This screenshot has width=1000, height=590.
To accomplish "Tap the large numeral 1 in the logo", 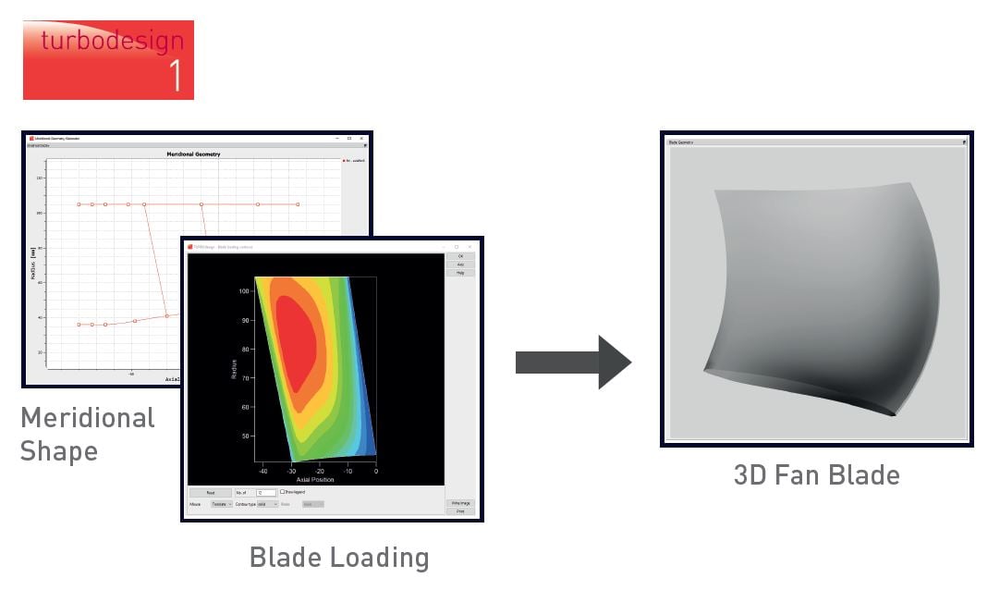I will coord(175,75).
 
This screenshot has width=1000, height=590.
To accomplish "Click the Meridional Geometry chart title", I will coord(192,154).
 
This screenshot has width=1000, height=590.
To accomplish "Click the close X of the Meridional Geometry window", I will coord(362,138).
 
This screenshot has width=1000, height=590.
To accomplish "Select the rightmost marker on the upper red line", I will coord(298,204).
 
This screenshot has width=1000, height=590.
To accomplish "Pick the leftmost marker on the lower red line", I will coord(79,325).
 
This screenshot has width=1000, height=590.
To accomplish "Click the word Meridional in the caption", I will coord(88,418).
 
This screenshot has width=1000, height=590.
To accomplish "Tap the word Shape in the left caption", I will coord(59,451).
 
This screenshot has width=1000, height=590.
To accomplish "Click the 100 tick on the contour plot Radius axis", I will coord(245,291).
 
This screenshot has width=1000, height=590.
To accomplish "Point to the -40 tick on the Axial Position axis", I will coord(263,471).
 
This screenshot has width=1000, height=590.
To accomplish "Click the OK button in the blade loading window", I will coord(460,256).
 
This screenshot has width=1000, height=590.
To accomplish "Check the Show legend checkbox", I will coord(283,493).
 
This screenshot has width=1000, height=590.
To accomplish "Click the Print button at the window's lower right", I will coord(460,510).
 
